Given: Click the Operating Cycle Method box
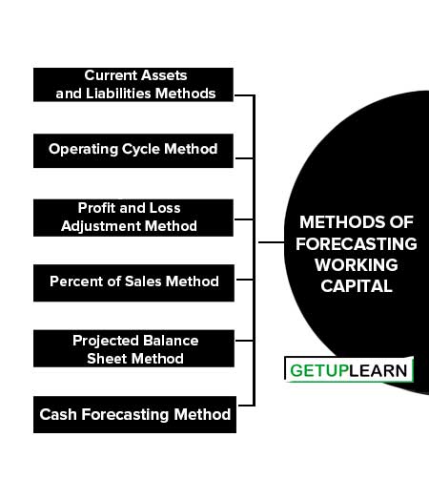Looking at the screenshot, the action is [133, 151].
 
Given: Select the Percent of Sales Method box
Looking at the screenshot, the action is [133, 282].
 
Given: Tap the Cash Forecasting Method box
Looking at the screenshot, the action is [134, 414].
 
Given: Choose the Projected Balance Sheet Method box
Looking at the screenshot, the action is [133, 348].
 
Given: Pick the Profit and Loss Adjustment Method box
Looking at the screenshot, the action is [133, 218].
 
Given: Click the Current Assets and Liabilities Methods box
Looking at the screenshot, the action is [133, 85].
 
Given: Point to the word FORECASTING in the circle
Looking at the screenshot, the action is [357, 244].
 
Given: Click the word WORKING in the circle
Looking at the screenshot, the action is [357, 265].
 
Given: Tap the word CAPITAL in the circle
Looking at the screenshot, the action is [357, 286].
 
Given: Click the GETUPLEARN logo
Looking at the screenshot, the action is [349, 369].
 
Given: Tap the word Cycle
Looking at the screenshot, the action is [141, 149].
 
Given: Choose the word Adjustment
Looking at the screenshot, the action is [101, 226].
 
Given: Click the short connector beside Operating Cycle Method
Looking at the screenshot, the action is [244, 157].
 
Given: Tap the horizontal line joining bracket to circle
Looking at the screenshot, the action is [271, 242].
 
